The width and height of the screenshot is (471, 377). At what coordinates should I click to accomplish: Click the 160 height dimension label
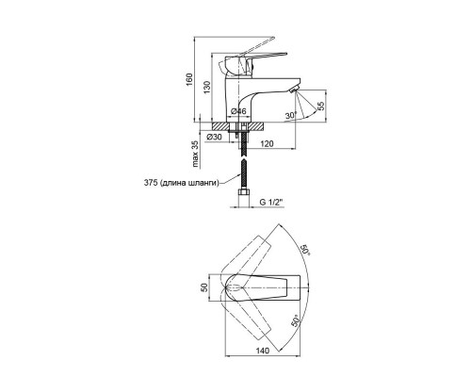pos(189,80)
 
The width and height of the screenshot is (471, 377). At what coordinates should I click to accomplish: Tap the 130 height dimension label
pos(206,88)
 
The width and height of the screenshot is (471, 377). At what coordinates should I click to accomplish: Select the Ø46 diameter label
pos(238,111)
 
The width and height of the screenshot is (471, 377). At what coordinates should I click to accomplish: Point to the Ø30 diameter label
pos(214,137)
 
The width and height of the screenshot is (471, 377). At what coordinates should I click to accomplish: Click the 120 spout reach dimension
pos(267,143)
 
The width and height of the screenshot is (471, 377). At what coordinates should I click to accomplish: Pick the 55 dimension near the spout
pos(321,107)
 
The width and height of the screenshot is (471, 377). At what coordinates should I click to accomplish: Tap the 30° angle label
pos(291,116)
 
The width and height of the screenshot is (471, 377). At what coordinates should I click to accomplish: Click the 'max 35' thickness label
pos(195,154)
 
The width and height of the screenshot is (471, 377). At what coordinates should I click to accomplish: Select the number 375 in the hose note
pos(151,183)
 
